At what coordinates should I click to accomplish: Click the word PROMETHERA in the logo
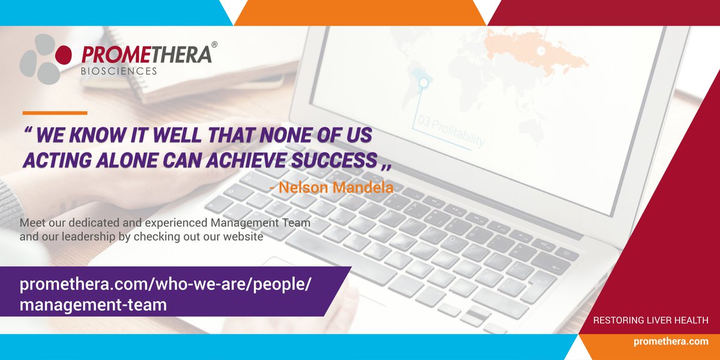click(146, 55)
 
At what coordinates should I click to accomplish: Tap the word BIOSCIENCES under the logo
click(119, 71)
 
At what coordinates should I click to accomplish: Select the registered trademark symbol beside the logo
click(215, 44)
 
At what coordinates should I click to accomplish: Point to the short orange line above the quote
click(55, 113)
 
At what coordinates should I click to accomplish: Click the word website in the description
click(243, 236)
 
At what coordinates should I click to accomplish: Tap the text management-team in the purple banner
click(93, 304)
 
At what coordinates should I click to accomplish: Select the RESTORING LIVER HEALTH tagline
click(650, 321)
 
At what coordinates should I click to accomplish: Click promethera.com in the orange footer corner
click(671, 341)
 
